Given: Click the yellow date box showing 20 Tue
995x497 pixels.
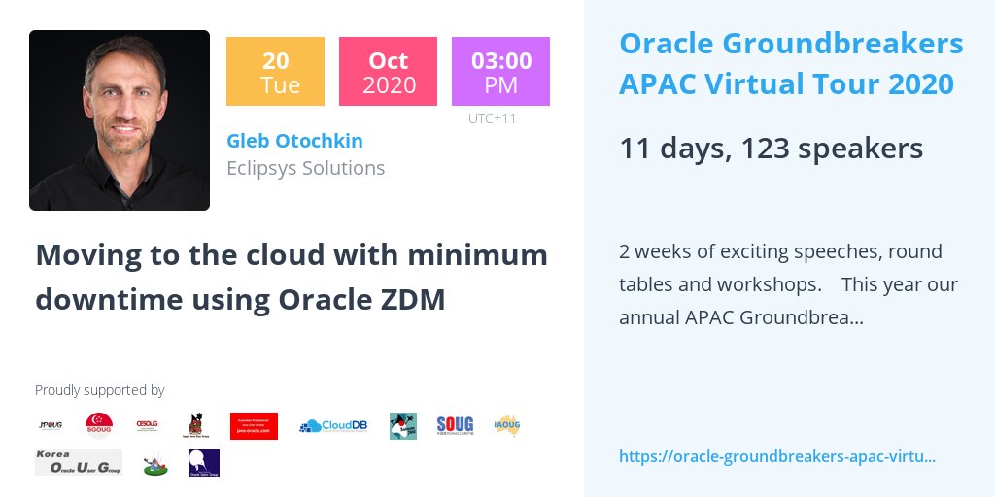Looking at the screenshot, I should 275,71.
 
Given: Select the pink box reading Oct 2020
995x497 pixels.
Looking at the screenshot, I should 388,71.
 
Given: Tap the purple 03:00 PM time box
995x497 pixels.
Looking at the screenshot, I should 500,71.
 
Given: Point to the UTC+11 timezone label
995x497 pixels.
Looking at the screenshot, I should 492,118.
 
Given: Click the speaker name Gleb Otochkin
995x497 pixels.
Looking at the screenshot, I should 294,141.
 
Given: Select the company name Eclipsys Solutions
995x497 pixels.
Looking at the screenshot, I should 305,168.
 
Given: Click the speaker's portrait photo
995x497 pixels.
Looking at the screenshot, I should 120,120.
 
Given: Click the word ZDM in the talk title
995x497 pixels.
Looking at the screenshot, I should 417,300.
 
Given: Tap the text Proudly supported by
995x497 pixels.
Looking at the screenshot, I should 99,390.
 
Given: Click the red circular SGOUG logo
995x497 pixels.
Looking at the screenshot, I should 99,425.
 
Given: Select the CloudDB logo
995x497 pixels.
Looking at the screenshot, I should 333,425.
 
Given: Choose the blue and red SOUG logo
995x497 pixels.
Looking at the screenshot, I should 455,424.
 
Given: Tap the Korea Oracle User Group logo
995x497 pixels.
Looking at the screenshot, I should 79,462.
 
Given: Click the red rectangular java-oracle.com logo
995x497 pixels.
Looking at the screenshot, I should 254,425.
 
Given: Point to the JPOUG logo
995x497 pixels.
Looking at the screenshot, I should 51,425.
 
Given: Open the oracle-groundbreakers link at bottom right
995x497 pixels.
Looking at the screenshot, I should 776,456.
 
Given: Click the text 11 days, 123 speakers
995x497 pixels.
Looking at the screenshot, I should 771,149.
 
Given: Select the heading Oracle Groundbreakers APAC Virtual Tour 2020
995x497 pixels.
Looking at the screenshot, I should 791,64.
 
